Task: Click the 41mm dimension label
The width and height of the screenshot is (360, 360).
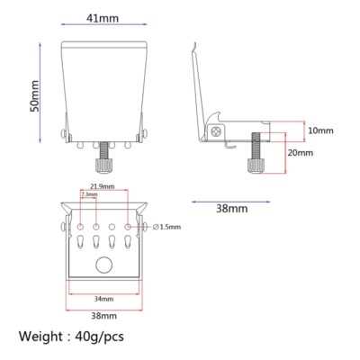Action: pos(103,19)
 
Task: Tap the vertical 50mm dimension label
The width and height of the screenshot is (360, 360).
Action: pos(34,96)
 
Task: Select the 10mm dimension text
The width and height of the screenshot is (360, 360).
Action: pos(321,130)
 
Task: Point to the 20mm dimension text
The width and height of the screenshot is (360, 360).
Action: pos(301,153)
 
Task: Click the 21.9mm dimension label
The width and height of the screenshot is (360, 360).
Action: pos(103,186)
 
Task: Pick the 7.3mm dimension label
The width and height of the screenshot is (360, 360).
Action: pos(89,194)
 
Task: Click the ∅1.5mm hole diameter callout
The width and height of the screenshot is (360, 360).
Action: pos(166,227)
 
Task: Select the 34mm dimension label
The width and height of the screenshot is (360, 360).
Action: pos(103,299)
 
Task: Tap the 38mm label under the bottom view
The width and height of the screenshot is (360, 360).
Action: pos(104,316)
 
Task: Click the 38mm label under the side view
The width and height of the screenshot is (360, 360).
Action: pos(232,209)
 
